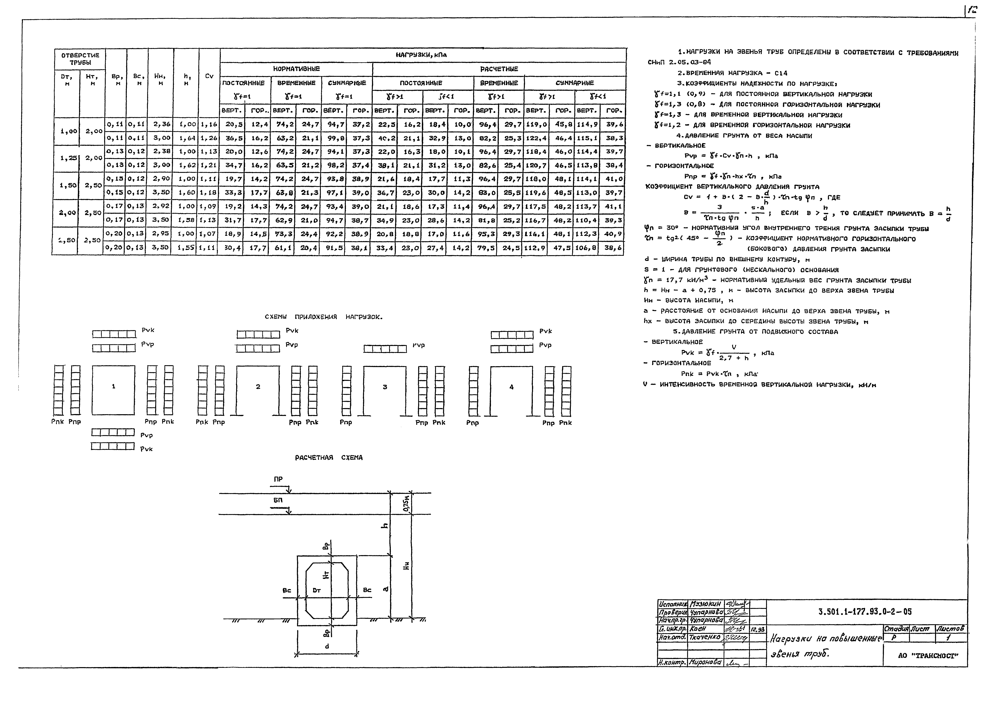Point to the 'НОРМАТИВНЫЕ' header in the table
tap(296, 69)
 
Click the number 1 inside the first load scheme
tap(114, 386)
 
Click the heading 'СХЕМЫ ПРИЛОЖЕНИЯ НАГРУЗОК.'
tap(324, 317)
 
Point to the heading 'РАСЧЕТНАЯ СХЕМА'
tap(329, 458)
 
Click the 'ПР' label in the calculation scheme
tap(278, 479)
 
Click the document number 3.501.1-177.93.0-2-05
tap(865, 612)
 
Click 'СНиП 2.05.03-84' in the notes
tap(679, 62)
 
